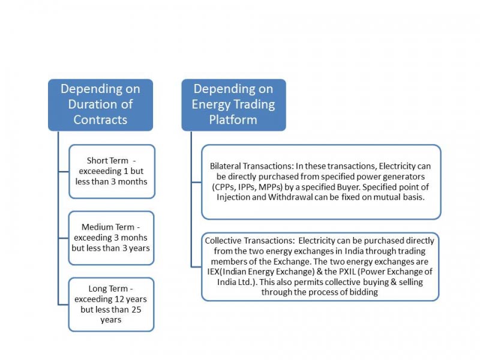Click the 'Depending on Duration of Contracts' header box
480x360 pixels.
click(x=100, y=104)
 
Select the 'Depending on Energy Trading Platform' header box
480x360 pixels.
click(x=233, y=104)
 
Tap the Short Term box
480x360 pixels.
click(x=112, y=171)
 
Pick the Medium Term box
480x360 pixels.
click(x=112, y=238)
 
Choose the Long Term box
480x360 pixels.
click(x=112, y=304)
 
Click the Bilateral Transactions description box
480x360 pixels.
click(x=321, y=182)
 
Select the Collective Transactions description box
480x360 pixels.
click(x=321, y=266)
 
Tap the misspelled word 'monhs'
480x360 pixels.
click(x=133, y=238)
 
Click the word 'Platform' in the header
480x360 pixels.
click(x=233, y=119)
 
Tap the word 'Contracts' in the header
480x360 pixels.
click(x=100, y=119)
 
